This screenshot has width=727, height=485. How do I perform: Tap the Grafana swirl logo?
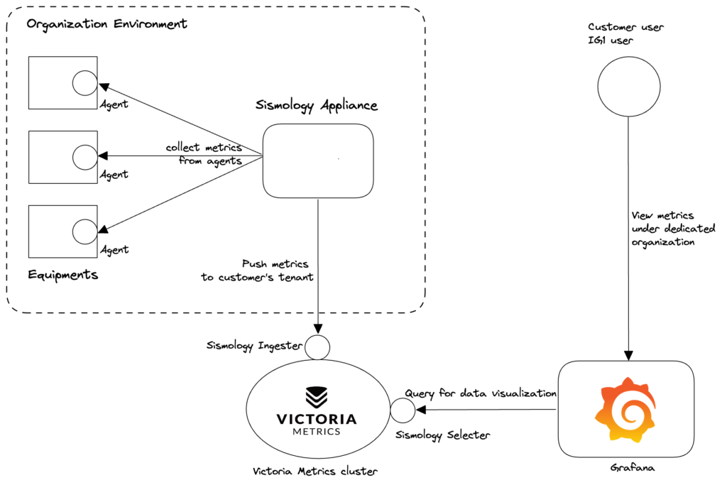click(625, 410)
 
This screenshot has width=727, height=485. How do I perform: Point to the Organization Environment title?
click(106, 24)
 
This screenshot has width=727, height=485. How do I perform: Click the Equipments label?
click(63, 275)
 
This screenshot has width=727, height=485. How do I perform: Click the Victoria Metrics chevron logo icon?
click(317, 398)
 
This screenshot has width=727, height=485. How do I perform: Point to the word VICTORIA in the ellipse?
click(317, 419)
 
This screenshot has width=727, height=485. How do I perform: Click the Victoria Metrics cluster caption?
click(315, 472)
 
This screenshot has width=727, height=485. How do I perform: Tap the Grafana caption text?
click(633, 467)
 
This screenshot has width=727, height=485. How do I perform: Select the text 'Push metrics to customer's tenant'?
click(257, 271)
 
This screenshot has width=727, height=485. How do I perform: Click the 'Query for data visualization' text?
click(481, 393)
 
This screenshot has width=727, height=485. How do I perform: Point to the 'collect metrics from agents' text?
click(204, 154)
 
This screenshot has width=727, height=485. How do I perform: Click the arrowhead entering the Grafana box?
click(628, 356)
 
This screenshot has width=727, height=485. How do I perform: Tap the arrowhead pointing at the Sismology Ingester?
click(318, 328)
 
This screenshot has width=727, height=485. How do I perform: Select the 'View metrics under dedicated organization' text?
click(673, 229)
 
